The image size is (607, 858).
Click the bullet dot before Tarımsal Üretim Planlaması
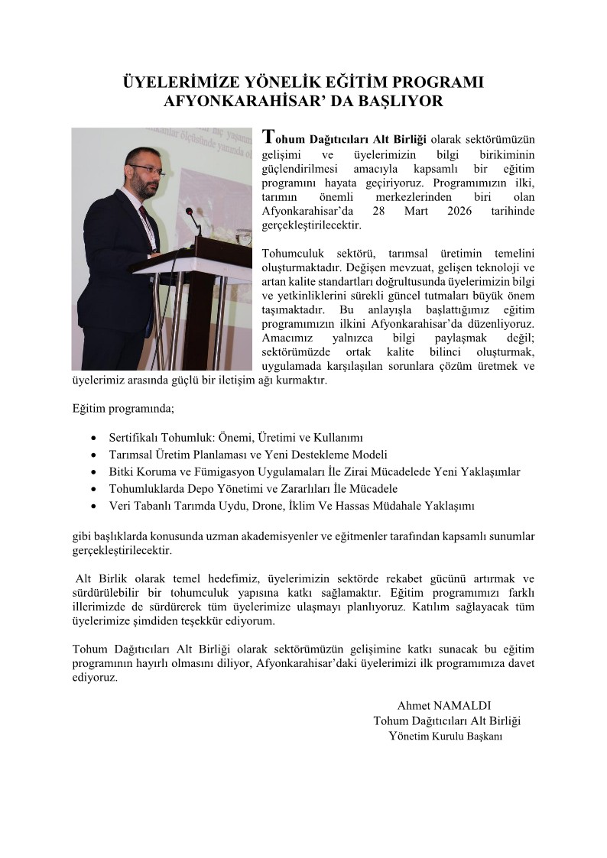point(93,455)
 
